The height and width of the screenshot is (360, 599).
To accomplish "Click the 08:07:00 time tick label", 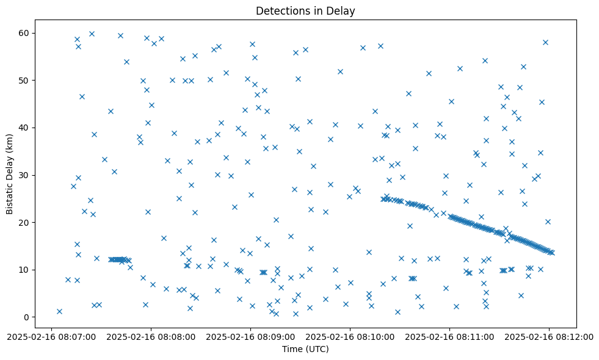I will (x=52, y=336).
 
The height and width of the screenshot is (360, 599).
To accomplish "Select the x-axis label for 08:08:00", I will (x=151, y=336).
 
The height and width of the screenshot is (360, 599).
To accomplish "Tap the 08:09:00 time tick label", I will (x=250, y=336).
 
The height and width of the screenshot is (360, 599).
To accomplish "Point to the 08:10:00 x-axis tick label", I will (x=350, y=336).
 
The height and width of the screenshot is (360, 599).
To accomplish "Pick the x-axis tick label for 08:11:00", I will (x=449, y=336).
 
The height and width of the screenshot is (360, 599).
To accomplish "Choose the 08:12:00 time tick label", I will (x=549, y=336).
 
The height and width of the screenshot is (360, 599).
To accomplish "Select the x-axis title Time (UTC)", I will (x=305, y=349).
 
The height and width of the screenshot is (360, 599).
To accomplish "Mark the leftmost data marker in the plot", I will (x=59, y=311).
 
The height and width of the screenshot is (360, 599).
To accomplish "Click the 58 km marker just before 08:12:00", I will (x=545, y=42).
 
